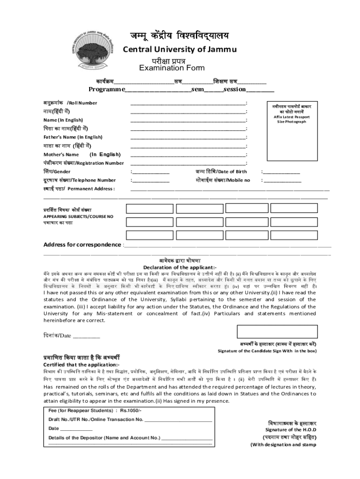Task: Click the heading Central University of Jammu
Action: coord(180,50)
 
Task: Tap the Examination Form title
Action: coord(172,68)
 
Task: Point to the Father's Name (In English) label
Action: coord(73,137)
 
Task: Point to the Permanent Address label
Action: coord(91,189)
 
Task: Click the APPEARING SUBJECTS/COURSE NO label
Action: coord(79,217)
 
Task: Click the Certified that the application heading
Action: coord(82,365)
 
